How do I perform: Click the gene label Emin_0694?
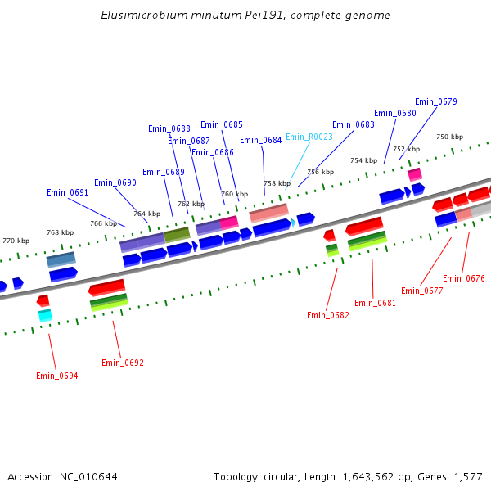56,376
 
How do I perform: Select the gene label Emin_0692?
122,363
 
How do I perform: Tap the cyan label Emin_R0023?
309,137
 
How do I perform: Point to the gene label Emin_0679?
435,101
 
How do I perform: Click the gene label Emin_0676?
463,278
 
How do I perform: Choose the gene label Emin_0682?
327,315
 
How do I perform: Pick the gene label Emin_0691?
67,192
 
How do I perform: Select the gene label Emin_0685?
221,124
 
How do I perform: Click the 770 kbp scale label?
16,241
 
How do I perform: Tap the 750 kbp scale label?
449,137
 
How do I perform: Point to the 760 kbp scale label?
234,194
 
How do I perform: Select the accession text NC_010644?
89,476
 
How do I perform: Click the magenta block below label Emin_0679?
415,174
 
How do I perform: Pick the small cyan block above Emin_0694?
45,315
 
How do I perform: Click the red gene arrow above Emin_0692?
106,287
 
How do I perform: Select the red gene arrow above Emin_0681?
364,226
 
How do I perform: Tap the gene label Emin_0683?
354,124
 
